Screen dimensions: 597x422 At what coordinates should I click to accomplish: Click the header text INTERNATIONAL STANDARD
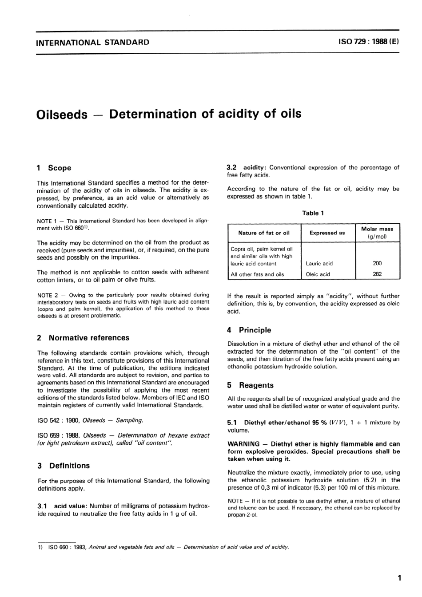[92, 43]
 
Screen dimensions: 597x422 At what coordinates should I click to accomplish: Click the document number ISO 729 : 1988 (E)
[368, 42]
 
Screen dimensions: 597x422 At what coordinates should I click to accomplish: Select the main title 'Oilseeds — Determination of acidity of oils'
[169, 114]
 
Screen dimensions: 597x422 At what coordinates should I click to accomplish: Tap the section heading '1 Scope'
[54, 168]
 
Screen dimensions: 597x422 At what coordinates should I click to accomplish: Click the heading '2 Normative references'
[84, 338]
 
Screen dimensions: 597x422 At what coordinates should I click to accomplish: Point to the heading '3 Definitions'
[64, 466]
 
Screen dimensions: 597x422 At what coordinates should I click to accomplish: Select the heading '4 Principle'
[249, 330]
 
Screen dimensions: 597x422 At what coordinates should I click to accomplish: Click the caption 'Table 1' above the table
[313, 213]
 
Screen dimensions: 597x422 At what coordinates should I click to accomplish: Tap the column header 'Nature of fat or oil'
[263, 233]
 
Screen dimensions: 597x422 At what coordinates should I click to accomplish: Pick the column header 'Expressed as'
[327, 233]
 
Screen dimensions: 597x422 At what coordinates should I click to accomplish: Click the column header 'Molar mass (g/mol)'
[377, 233]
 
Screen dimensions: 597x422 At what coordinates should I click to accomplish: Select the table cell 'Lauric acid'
[319, 263]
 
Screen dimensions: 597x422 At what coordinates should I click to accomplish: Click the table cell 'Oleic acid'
[318, 274]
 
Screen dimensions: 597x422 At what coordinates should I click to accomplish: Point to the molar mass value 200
[377, 263]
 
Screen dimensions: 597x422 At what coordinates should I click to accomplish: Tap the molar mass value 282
[377, 274]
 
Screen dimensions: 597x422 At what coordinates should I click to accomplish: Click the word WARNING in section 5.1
[243, 444]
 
